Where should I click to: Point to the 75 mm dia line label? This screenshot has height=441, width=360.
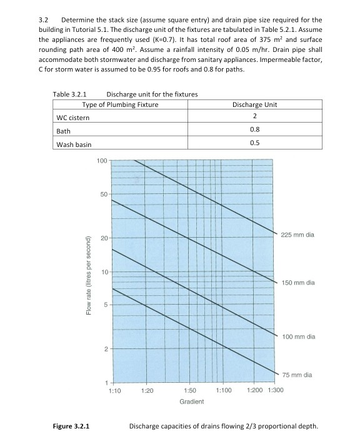coord(296,375)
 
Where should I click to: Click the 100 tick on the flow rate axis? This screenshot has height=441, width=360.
coord(102,161)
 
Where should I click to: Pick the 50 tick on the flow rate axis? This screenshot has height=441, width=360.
coord(104,195)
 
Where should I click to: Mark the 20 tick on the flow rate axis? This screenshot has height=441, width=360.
coord(104,239)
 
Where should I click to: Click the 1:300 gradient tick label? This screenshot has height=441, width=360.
coord(275,390)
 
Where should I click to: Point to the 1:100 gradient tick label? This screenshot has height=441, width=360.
coord(223,390)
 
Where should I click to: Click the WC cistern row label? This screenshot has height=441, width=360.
coord(72,117)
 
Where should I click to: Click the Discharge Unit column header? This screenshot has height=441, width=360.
coord(254,104)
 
